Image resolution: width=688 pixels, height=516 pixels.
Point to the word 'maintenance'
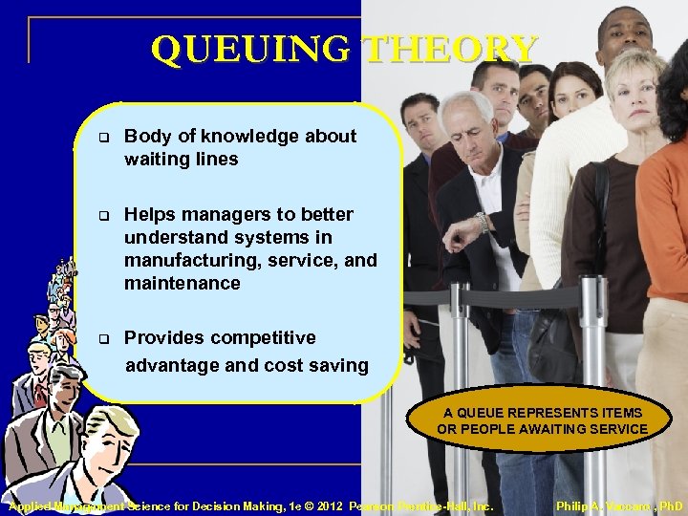pyautogui.click(x=182, y=284)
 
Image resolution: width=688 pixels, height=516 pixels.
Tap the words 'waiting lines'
pyautogui.click(x=181, y=160)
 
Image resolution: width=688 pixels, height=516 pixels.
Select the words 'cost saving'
pyautogui.click(x=321, y=365)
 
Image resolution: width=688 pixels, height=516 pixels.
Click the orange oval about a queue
pyautogui.click(x=542, y=420)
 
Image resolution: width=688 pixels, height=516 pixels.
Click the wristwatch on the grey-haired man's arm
pyautogui.click(x=484, y=222)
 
